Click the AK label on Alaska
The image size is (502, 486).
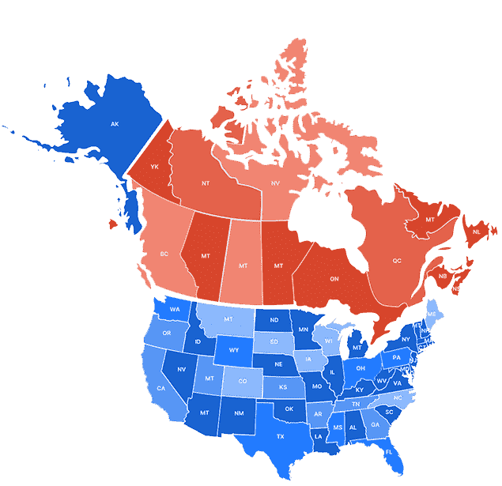[115, 124]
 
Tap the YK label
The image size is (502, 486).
[155, 167]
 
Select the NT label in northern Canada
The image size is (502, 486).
[206, 183]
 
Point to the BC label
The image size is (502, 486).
[164, 254]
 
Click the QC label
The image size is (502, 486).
[397, 260]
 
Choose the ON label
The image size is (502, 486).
[334, 278]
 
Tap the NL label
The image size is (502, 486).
[475, 232]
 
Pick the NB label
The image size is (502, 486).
[443, 276]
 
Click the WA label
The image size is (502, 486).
[175, 309]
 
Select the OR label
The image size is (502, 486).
[167, 333]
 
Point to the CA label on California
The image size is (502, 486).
[161, 388]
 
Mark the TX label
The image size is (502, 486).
[280, 436]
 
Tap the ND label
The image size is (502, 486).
[274, 320]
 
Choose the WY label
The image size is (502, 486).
[234, 349]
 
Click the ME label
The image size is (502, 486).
[431, 314]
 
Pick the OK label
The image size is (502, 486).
[289, 409]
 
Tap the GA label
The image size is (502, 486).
[375, 424]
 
